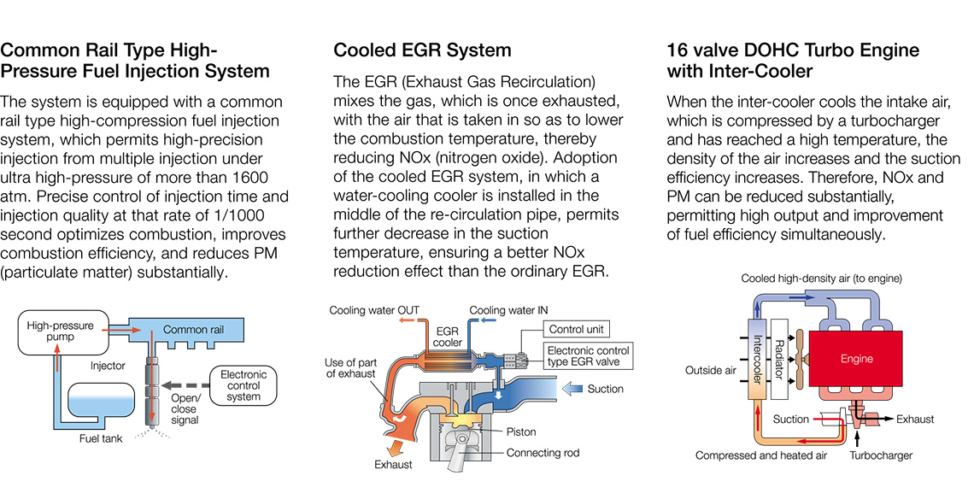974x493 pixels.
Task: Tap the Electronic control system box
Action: [243, 385]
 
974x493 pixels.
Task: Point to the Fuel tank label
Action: [101, 439]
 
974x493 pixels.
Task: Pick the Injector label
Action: [107, 366]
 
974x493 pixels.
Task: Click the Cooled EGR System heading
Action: [422, 50]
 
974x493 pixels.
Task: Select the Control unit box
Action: [578, 330]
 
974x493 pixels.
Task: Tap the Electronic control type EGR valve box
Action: [589, 356]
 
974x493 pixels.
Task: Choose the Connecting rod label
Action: [544, 453]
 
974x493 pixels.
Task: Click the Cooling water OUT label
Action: [374, 310]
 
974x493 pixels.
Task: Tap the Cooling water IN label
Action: [508, 310]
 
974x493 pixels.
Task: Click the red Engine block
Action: [856, 359]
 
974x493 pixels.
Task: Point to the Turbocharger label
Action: [880, 455]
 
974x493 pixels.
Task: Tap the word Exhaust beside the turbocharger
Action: [915, 420]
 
